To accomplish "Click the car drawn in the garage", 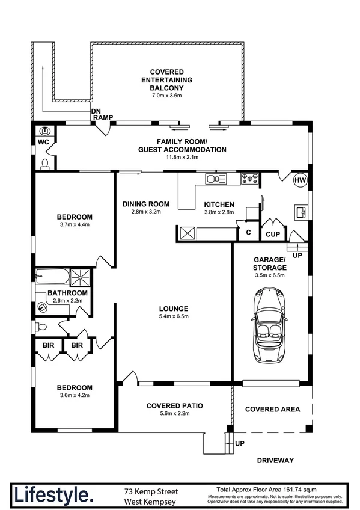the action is [269, 324].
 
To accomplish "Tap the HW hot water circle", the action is [300, 180].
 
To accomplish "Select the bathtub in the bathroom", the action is [52, 277].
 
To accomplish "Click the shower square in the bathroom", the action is [80, 277].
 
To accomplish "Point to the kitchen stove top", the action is [249, 179].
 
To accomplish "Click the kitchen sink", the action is [216, 179].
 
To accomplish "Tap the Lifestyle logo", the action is [53, 496].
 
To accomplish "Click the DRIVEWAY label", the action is [275, 460].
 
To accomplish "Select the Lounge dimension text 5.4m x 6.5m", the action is [174, 316].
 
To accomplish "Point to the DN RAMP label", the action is [102, 114].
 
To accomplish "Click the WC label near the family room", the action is [43, 142].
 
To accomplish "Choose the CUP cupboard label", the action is [273, 234].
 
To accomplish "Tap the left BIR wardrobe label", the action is [49, 345].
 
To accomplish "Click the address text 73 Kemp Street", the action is [151, 491].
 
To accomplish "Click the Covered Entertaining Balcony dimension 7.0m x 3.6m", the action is [167, 96].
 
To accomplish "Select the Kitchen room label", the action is [219, 204].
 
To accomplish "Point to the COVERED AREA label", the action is [273, 409].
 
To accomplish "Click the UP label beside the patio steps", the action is [240, 443].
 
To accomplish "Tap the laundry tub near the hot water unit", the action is [301, 212].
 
